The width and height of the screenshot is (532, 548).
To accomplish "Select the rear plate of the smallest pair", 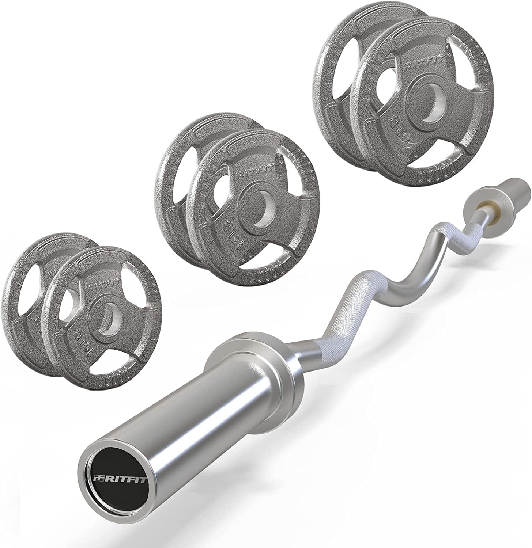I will (x=26, y=285).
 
